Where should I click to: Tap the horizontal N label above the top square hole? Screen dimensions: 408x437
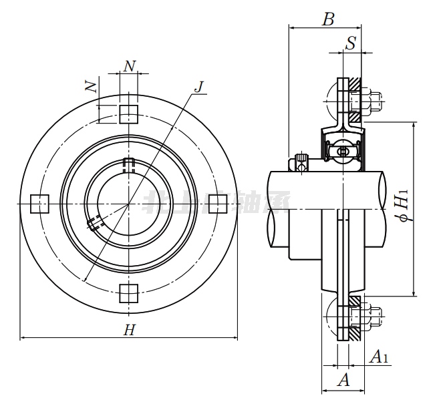(130, 65)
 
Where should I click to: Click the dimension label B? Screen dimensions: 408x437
(327, 19)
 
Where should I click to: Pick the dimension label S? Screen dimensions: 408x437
(351, 44)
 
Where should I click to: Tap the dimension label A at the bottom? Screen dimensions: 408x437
(344, 380)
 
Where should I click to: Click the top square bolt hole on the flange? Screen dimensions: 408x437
(129, 114)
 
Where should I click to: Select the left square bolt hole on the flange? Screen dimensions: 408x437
(40, 203)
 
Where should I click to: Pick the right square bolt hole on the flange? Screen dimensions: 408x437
(218, 203)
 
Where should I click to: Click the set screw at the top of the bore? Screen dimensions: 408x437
(129, 162)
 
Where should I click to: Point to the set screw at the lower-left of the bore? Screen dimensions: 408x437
(94, 223)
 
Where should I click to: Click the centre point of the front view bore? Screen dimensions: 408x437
(129, 203)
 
